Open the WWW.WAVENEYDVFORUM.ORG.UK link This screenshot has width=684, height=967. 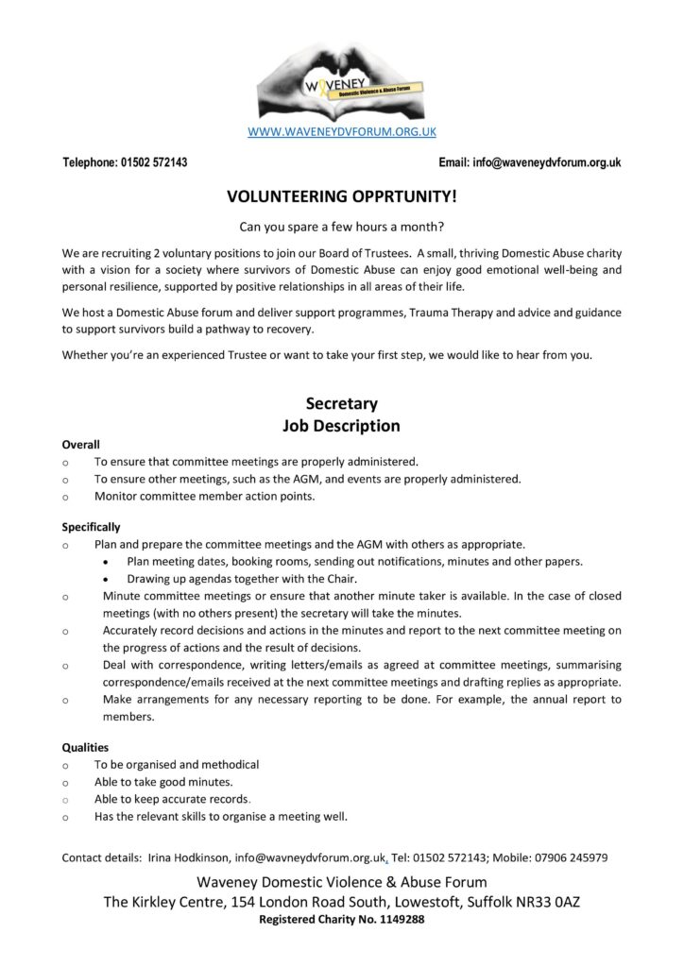[341, 132]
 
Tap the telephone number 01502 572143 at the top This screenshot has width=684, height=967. [154, 162]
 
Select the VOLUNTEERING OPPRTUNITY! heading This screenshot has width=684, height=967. [341, 196]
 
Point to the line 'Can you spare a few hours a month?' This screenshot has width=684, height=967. [341, 227]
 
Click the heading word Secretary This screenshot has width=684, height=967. [341, 404]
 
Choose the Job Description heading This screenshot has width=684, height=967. [341, 426]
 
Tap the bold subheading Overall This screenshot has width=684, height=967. [80, 444]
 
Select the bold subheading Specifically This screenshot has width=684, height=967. [91, 527]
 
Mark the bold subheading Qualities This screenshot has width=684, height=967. [85, 747]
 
